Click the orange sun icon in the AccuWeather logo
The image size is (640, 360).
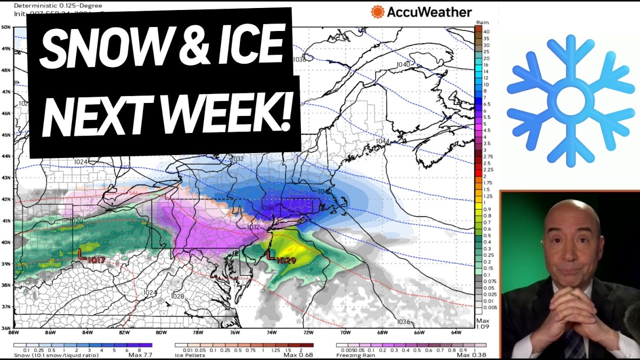tap(377, 12)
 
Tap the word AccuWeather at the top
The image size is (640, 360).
tap(429, 12)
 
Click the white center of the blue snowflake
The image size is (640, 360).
tap(570, 100)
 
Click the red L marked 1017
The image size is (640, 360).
tap(81, 254)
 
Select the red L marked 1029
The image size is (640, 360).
tap(270, 255)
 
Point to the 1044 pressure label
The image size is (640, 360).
tap(382, 141)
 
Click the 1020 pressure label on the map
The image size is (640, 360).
tap(76, 221)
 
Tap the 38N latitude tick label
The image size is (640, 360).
tap(6, 285)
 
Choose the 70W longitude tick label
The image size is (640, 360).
tap(345, 332)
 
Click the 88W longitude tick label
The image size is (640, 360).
tap(14, 332)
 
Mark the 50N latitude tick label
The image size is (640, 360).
tap(6, 27)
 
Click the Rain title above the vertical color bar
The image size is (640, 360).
tap(482, 22)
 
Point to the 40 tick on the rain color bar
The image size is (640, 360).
tap(486, 32)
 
